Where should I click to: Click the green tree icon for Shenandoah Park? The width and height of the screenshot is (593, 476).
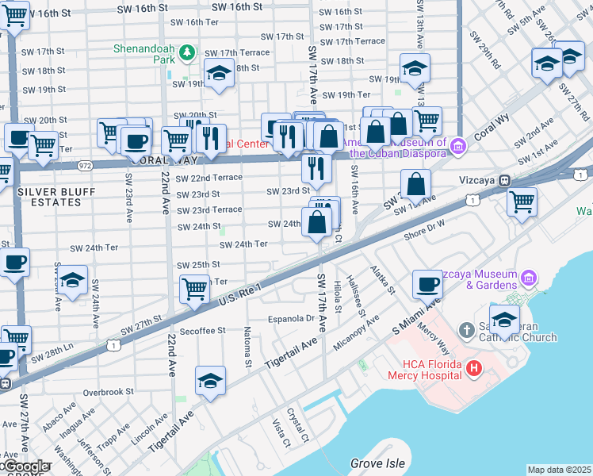coord(188,53)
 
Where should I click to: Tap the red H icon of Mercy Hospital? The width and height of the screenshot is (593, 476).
coord(474,368)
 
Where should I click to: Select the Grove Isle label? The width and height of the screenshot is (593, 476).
coord(378,463)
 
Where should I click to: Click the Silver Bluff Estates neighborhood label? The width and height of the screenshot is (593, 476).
coord(49,197)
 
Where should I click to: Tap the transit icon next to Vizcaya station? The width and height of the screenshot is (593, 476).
coord(504,180)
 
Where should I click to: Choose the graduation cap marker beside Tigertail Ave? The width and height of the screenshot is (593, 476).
coord(210,382)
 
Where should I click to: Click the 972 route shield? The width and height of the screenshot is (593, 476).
coord(85,165)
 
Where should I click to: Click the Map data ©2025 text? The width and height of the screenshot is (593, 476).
coord(559,470)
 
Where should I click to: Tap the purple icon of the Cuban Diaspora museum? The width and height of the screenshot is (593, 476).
coord(457,147)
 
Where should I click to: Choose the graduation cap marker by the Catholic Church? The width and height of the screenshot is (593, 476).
coord(504,320)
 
